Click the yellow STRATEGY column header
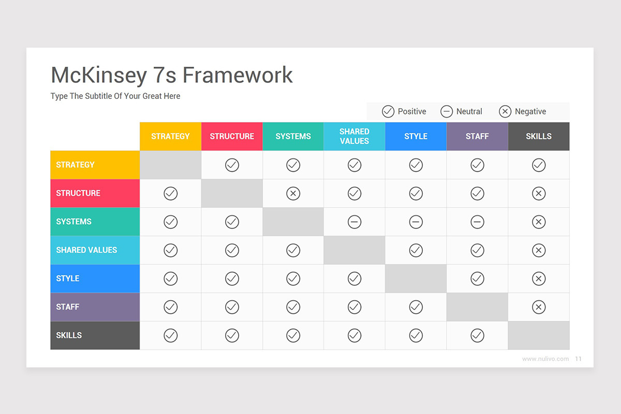coord(170,137)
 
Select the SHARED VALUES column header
coord(354,137)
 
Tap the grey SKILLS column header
coord(539,137)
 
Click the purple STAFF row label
coord(95,307)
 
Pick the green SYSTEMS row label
coord(95,221)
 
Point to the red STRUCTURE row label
coord(95,193)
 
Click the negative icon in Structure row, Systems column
coord(293,194)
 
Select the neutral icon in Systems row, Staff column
coord(477,222)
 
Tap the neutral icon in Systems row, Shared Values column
coord(354,222)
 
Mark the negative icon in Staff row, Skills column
coord(539,307)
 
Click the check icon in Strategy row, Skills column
coord(539,165)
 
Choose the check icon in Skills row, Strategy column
coord(170,335)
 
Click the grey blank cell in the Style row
coord(416,278)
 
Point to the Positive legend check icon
coord(388,111)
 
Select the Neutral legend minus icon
coord(447,111)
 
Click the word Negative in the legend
coord(530,111)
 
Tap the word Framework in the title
coord(238,75)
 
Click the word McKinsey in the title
coord(99,75)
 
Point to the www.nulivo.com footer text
coord(545,359)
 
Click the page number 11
coord(578,359)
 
